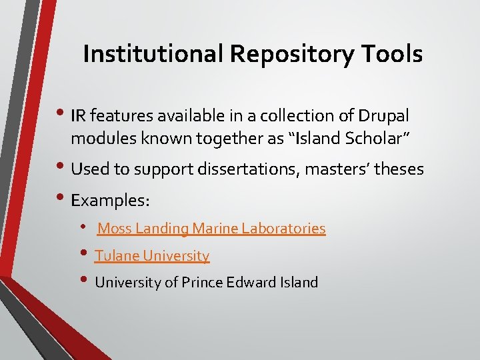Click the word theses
click(x=398, y=169)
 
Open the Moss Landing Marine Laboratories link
click(x=211, y=229)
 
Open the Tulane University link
click(x=152, y=255)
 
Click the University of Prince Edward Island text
click(x=207, y=282)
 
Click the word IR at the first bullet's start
click(x=78, y=116)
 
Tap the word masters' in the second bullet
click(x=332, y=169)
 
